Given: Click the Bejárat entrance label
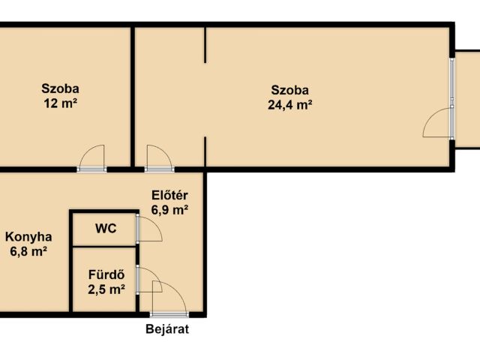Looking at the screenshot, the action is click(x=167, y=329).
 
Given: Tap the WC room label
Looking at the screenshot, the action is click(x=106, y=229).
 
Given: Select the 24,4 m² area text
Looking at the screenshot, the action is click(x=290, y=105).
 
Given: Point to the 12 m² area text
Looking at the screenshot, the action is click(x=60, y=103).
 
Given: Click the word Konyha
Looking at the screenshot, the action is click(x=28, y=237).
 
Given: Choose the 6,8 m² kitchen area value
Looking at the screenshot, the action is click(x=28, y=252).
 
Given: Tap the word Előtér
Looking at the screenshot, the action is click(x=170, y=195).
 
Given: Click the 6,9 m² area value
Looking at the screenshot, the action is click(x=169, y=210).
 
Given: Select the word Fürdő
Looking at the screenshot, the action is click(x=106, y=274).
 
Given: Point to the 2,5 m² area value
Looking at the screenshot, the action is click(x=106, y=289).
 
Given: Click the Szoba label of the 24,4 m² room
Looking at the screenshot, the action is click(x=290, y=90).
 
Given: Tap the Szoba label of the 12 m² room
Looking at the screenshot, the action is click(x=60, y=88).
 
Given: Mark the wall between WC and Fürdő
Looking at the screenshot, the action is click(x=104, y=246).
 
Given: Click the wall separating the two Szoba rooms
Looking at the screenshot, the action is click(x=133, y=97).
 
